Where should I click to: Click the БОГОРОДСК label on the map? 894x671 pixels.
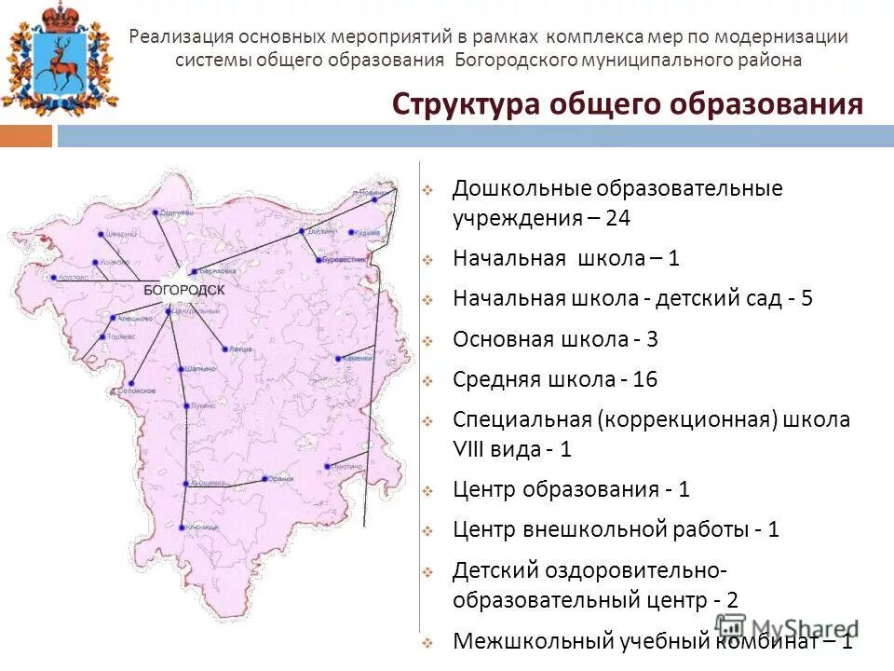coord(183,290)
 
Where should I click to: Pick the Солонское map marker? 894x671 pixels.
coord(133,384)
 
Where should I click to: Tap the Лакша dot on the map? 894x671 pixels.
coord(224,349)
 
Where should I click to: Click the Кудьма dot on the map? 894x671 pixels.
coord(350,233)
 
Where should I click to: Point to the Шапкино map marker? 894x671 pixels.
coord(181,369)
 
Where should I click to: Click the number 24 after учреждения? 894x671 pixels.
coord(617,219)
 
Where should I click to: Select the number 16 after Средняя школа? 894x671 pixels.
coord(644,379)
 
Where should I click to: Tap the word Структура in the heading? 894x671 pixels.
coord(465,103)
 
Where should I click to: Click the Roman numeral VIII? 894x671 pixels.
coord(474,448)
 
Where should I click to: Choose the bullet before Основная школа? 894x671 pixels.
coord(427,341)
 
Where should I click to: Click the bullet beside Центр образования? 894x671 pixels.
coord(427,491)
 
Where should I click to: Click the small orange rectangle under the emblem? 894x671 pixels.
coord(26,136)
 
